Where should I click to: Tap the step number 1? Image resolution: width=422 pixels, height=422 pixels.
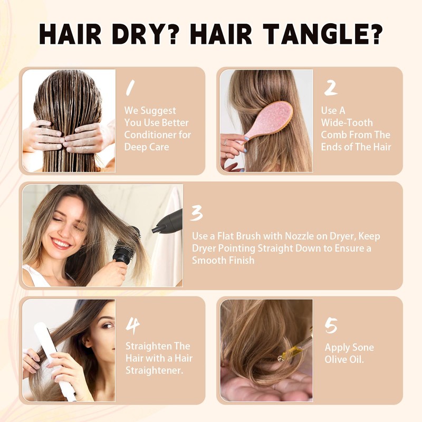[129, 88]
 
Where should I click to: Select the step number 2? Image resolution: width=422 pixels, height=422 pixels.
[330, 88]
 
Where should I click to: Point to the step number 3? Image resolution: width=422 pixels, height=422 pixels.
[197, 214]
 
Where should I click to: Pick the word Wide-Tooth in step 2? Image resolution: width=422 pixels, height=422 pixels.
[347, 122]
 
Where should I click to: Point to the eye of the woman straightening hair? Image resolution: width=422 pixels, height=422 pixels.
[107, 326]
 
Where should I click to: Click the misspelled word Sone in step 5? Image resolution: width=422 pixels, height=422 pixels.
[363, 348]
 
